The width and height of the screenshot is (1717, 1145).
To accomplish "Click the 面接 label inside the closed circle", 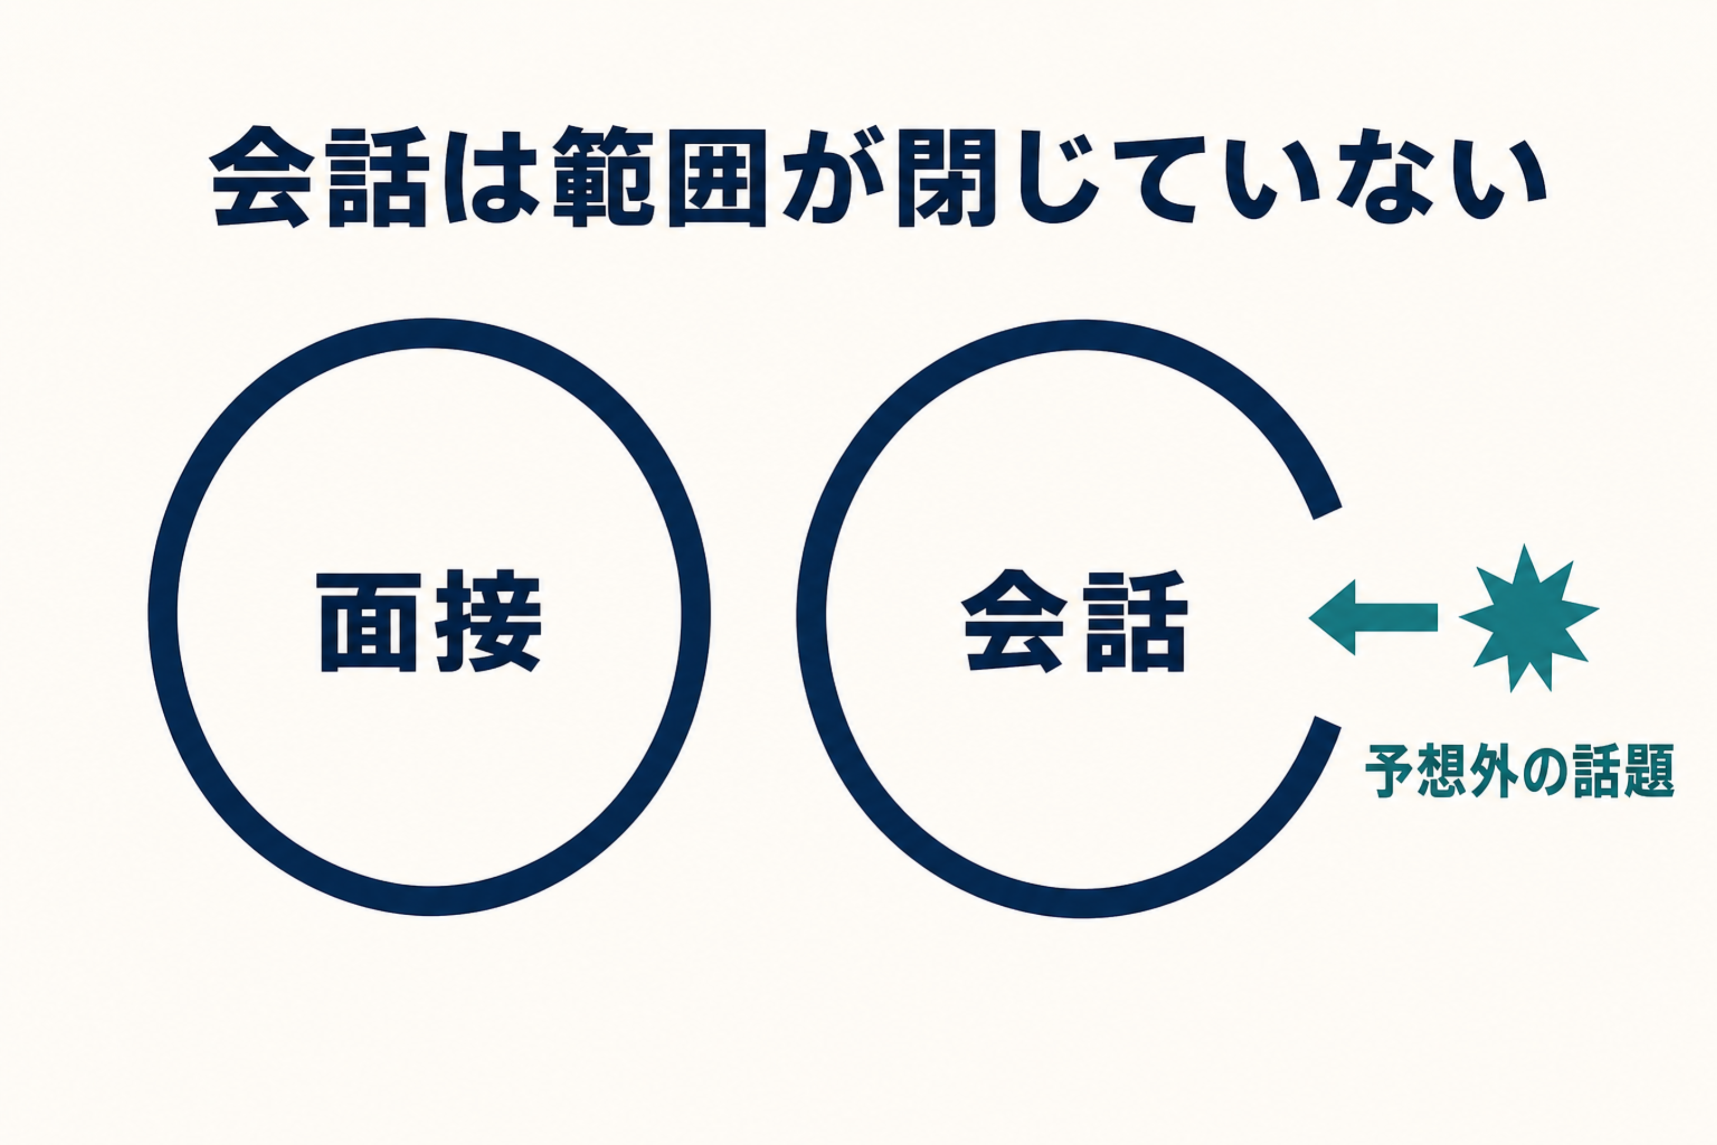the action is (431, 621).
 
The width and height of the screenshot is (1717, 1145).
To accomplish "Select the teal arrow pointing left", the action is (1373, 617).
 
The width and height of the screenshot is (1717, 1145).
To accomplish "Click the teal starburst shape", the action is (1529, 618).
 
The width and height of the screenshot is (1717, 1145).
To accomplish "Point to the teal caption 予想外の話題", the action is (1519, 771).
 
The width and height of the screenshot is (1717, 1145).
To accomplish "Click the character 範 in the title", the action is (603, 177).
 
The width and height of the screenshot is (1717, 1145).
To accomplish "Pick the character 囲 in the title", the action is (717, 177).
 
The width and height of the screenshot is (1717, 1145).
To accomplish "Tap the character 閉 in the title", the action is (947, 177).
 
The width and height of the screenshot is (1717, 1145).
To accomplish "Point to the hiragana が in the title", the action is (831, 177).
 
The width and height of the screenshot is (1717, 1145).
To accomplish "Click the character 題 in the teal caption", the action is (1648, 771).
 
